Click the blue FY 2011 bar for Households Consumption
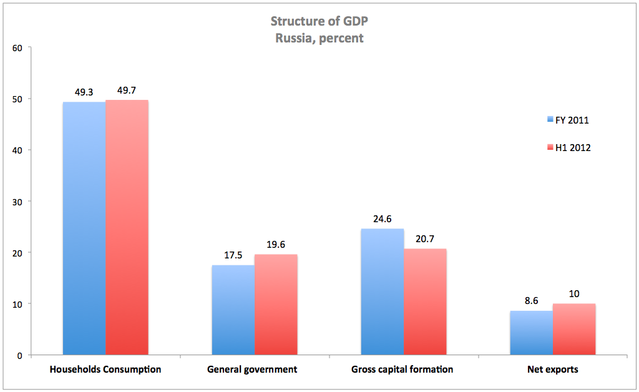click(x=84, y=228)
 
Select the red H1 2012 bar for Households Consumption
click(x=127, y=227)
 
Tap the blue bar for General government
click(x=233, y=310)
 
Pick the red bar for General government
click(x=276, y=305)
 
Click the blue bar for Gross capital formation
click(x=382, y=292)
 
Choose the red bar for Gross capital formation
click(x=425, y=302)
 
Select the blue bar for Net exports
click(x=531, y=333)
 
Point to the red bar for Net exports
click(x=573, y=330)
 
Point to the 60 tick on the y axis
click(x=17, y=47)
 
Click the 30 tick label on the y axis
click(x=17, y=202)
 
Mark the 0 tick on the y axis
click(x=20, y=355)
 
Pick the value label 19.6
click(x=276, y=245)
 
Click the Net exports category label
click(x=552, y=370)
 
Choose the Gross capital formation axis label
click(x=403, y=370)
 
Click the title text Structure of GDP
click(x=319, y=21)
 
